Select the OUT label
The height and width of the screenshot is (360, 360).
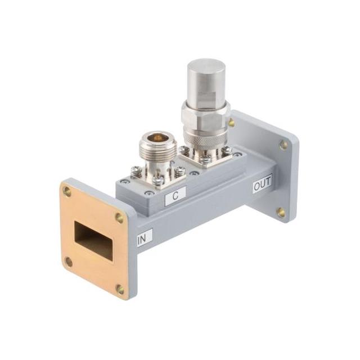262,183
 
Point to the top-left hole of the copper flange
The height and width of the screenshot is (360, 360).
67,191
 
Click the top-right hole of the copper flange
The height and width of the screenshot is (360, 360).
119,218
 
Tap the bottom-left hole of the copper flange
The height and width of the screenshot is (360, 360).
69,262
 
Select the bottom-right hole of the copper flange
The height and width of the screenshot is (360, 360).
120,289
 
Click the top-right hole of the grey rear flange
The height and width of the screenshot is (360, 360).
283,144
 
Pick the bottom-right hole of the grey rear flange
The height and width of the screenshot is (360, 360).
281,212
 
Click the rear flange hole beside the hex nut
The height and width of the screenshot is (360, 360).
231,122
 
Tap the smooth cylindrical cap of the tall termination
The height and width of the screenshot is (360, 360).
206,79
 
